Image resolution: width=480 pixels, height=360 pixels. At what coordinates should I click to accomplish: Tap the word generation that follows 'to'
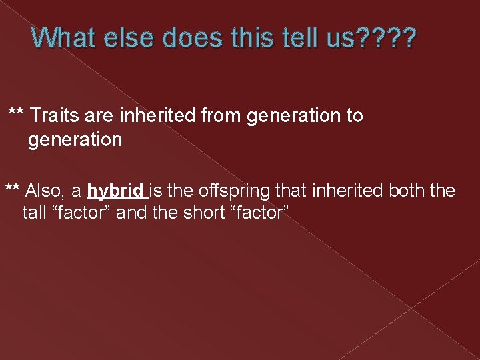(75, 141)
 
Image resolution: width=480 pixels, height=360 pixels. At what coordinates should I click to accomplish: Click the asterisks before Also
(13, 190)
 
